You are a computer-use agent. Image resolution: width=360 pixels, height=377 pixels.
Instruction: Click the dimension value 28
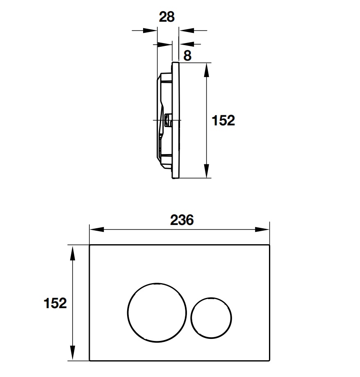(x=166, y=17)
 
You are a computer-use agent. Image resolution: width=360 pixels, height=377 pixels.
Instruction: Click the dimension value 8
(x=187, y=56)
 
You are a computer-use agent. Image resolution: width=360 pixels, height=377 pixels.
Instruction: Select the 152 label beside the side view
(x=223, y=120)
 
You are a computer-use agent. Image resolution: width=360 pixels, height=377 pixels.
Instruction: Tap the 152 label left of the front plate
(x=55, y=303)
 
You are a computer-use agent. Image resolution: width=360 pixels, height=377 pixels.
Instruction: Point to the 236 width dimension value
(x=181, y=220)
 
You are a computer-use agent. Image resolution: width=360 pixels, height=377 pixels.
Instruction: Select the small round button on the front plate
(x=211, y=317)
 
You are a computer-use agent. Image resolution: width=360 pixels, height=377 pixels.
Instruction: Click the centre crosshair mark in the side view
(x=167, y=120)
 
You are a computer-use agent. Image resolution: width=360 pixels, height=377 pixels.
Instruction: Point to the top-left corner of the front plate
(x=90, y=246)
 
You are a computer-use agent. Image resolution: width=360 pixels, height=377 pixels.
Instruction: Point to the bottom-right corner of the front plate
(x=269, y=361)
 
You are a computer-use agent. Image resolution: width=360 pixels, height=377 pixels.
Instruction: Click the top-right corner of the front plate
(x=269, y=246)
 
